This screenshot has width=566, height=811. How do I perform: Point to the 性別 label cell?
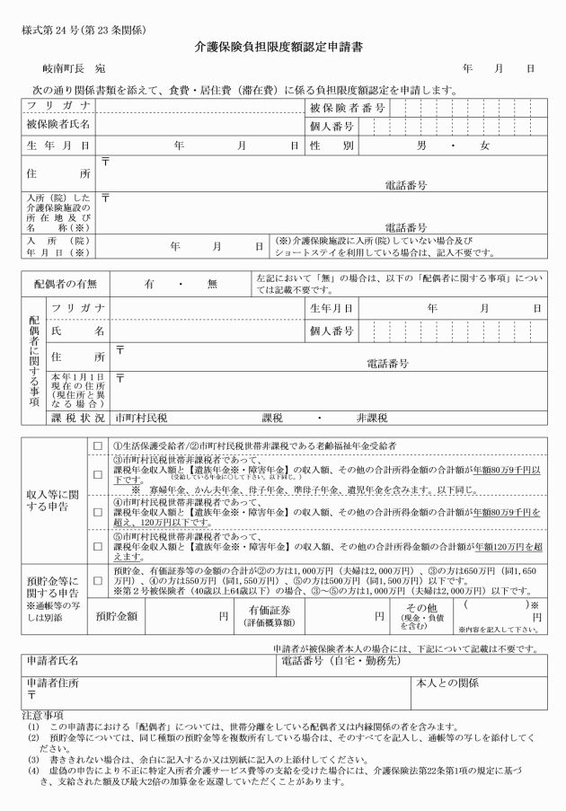coord(335,145)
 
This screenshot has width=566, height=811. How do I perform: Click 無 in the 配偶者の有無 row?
coord(212,283)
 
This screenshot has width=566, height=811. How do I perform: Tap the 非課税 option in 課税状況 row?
coord(373,417)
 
